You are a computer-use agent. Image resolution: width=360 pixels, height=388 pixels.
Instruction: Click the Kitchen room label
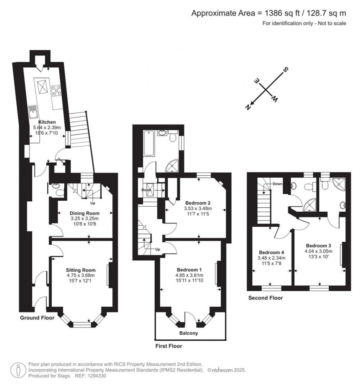coord(47,122)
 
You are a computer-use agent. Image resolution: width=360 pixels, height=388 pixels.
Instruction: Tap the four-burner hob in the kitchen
coord(57,91)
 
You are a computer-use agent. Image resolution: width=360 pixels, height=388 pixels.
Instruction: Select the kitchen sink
coord(33,112)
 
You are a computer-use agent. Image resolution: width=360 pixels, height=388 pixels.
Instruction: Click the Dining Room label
coord(84,213)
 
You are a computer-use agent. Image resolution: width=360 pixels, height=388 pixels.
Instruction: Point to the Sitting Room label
coord(81,270)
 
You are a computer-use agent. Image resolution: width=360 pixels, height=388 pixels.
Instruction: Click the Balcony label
coord(189,333)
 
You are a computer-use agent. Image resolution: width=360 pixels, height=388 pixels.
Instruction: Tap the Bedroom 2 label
coord(198,203)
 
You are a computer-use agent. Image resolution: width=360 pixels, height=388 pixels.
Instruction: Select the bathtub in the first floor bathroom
coord(149,143)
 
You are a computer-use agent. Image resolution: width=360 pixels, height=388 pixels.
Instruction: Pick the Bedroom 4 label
coord(271,252)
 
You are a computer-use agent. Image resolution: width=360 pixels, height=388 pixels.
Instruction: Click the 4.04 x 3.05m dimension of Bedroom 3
coord(319,251)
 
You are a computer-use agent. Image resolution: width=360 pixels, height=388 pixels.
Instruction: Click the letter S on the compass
coord(285,70)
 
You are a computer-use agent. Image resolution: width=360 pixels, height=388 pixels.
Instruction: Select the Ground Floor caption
coord(37,318)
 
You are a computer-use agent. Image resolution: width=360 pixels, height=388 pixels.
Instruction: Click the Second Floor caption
coord(265,298)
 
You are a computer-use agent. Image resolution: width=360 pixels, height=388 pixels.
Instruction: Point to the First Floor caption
coord(169,346)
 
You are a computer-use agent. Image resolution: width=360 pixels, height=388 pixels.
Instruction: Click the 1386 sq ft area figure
coord(282,13)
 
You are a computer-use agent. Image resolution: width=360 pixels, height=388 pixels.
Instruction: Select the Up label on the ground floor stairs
coord(92,203)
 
